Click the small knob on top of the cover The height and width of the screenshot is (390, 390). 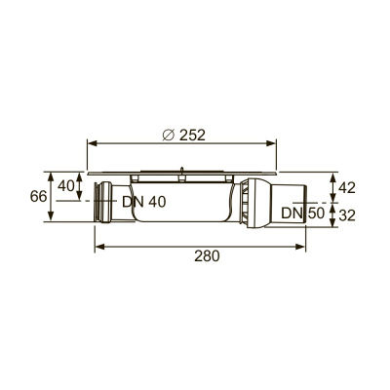coord(181,175)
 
